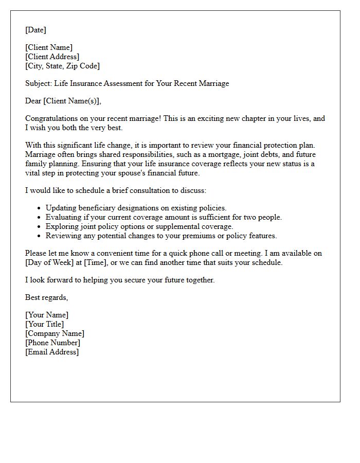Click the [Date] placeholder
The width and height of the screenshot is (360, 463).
pos(35,30)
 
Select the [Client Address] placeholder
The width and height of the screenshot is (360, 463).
pos(52,57)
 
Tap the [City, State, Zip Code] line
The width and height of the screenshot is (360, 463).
pos(62,66)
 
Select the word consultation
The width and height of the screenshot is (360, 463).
pos(155,190)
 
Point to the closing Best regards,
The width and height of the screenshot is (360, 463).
pos(46,297)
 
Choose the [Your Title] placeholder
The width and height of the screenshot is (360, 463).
pos(45,324)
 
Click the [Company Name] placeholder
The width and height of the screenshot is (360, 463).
pos(55,333)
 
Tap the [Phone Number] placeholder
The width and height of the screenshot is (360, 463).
pos(52,343)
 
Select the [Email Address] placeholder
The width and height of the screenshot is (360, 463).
pos(52,352)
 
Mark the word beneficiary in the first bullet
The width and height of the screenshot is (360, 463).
pos(98,208)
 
